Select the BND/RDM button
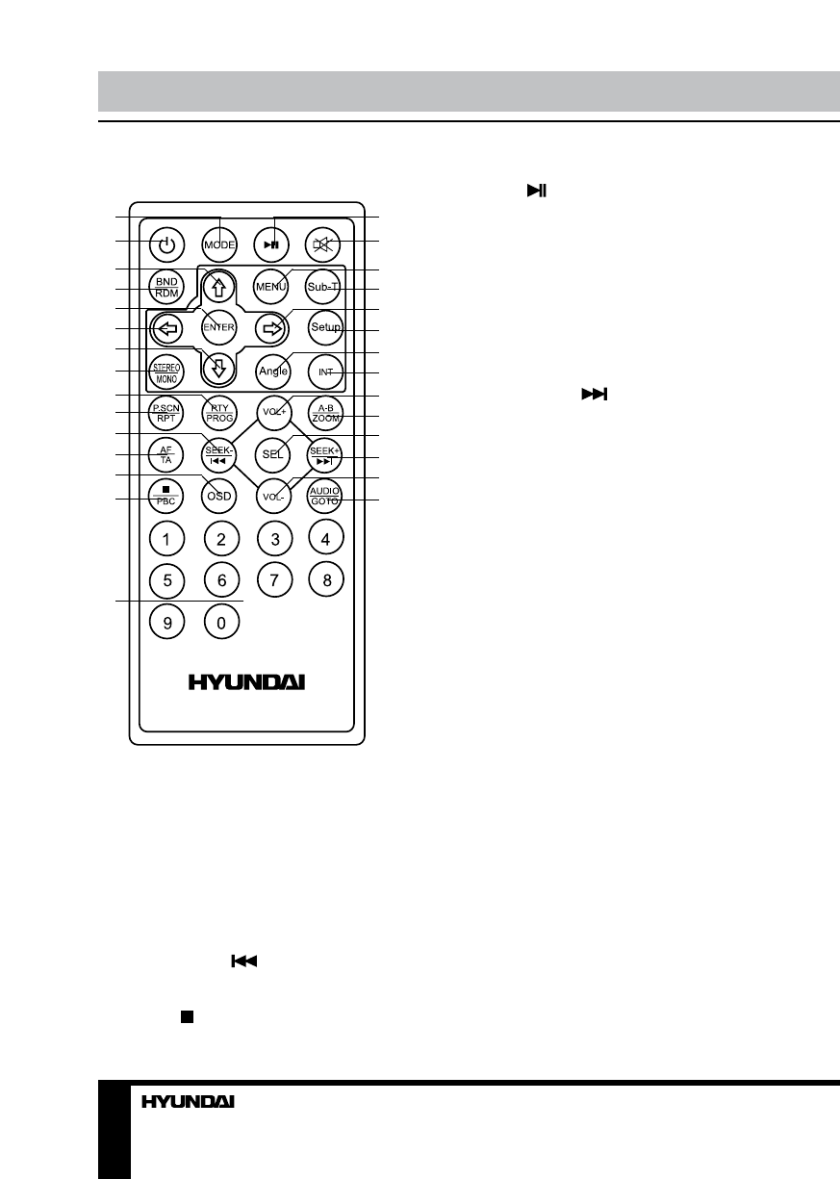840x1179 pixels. pos(166,286)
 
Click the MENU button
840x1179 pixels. pos(273,286)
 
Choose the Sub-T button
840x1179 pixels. pos(325,286)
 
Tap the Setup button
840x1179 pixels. pos(325,328)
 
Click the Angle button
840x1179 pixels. pos(273,371)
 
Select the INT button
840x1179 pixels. pos(325,371)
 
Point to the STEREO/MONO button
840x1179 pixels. pos(166,371)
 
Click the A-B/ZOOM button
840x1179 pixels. pos(325,412)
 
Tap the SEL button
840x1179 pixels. pos(273,454)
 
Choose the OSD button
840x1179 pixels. pos(220,497)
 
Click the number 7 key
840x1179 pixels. pos(274,580)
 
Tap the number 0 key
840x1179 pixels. pos(220,623)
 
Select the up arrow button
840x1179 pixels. pos(220,286)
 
